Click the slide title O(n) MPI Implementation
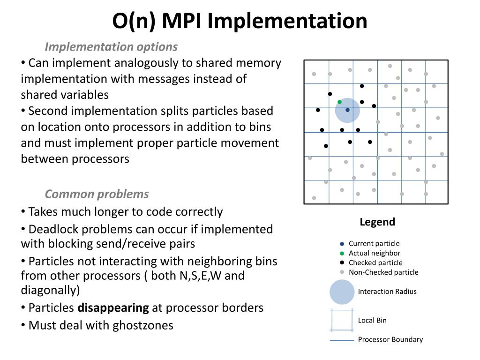click(x=240, y=21)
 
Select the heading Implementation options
click(x=111, y=47)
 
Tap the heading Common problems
click(x=97, y=194)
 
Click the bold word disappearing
click(x=113, y=308)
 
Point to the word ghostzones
click(x=143, y=325)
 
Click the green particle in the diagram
click(x=339, y=102)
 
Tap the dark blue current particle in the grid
click(x=347, y=110)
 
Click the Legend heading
click(x=377, y=222)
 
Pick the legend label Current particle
click(x=374, y=244)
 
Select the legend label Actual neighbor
click(x=375, y=253)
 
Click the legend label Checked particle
click(x=375, y=263)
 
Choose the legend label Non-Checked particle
click(x=383, y=272)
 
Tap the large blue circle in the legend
click(x=342, y=292)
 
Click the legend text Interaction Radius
click(x=387, y=292)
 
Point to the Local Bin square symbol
click(x=342, y=320)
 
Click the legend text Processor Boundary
click(x=390, y=340)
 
